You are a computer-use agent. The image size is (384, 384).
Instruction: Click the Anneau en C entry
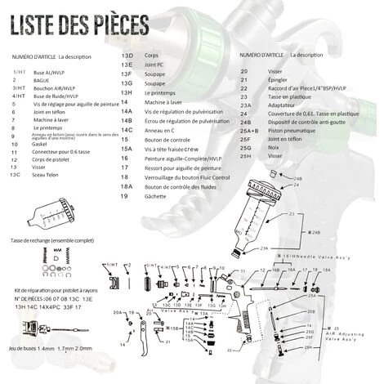[x=160, y=129]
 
